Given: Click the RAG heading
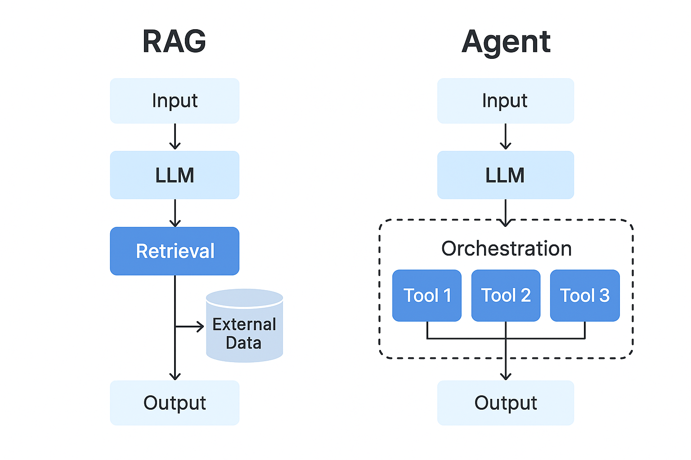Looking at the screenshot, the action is pyautogui.click(x=174, y=41).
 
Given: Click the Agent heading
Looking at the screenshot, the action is pyautogui.click(x=506, y=43).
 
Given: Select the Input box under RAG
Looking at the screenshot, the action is pyautogui.click(x=175, y=101).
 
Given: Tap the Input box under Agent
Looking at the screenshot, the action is pyautogui.click(x=506, y=101).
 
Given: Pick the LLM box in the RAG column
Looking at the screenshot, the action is pyautogui.click(x=175, y=175).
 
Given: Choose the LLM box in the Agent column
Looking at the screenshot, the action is pyautogui.click(x=506, y=175).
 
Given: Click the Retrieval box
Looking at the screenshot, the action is pyautogui.click(x=175, y=251).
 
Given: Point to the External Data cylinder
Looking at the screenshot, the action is pyautogui.click(x=245, y=325).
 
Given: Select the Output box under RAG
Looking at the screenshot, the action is pyautogui.click(x=175, y=403).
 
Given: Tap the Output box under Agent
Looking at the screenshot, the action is pyautogui.click(x=506, y=403).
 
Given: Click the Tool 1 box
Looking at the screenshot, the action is pyautogui.click(x=427, y=296).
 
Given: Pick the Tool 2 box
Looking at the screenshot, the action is pyautogui.click(x=506, y=296).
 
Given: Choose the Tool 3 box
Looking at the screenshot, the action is pyautogui.click(x=585, y=296).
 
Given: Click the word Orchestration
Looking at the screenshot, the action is pyautogui.click(x=506, y=248).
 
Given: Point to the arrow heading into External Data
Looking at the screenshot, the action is pyautogui.click(x=189, y=326).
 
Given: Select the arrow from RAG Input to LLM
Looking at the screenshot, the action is pyautogui.click(x=175, y=137).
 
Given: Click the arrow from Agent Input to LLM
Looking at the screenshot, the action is pyautogui.click(x=506, y=137).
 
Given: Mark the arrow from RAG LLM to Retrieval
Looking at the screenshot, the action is pyautogui.click(x=175, y=213).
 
